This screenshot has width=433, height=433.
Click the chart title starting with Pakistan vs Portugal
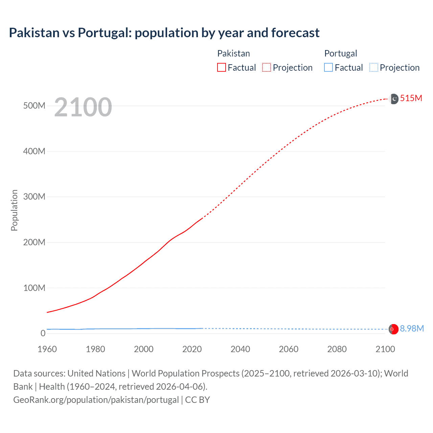coord(164,33)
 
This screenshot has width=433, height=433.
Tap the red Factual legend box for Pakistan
coord(221,68)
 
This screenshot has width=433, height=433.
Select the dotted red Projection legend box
coord(267,68)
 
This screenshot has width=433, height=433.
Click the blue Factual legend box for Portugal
coord(328,68)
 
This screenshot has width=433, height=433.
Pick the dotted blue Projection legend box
coord(374,68)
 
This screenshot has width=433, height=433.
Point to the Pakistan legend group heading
coord(233,53)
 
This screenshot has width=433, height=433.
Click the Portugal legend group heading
coord(341,53)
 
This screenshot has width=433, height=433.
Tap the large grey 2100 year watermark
coord(83,107)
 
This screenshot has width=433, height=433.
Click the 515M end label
coord(411,98)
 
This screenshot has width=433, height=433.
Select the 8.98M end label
coord(412,328)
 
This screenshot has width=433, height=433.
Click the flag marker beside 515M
coord(394,99)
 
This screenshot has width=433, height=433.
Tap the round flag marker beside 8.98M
coord(393,329)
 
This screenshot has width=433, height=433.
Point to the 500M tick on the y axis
coord(34,106)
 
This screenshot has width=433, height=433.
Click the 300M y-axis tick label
coord(34,197)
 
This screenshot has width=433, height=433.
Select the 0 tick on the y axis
coord(43,333)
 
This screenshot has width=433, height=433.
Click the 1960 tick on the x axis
coord(47,349)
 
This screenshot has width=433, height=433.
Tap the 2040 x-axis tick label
coord(240,349)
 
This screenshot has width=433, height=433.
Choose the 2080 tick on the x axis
coord(337,349)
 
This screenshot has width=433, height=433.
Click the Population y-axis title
coord(14,210)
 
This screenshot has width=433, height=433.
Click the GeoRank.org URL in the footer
coord(96,400)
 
